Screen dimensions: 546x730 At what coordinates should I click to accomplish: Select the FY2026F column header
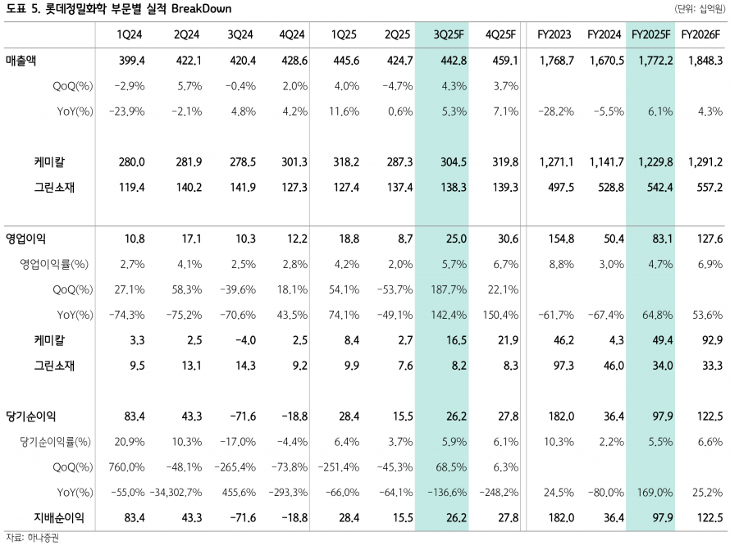(x=702, y=35)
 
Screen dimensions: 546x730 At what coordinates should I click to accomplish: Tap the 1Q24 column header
(x=131, y=35)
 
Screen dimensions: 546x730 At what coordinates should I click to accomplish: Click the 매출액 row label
(x=25, y=61)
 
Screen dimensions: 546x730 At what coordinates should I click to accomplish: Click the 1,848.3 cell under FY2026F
(x=700, y=61)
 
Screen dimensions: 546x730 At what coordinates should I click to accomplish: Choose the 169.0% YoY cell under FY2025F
(x=656, y=493)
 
